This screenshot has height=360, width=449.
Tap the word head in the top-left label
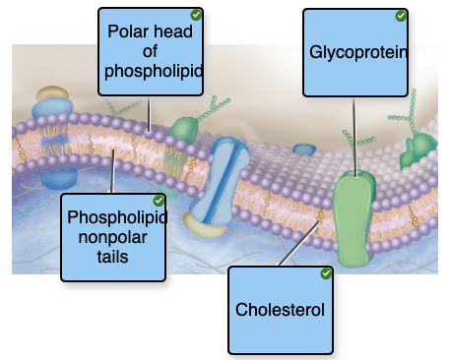click(x=174, y=30)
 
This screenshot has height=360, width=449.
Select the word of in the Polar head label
click(x=150, y=50)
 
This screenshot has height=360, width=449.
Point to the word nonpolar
click(x=111, y=236)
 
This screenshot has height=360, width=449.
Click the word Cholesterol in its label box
click(x=280, y=310)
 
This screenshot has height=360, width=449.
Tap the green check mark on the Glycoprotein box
click(x=401, y=16)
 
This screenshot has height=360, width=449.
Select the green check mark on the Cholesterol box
click(x=326, y=273)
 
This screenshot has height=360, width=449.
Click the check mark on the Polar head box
click(x=197, y=15)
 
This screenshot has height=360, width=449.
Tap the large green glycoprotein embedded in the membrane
click(x=356, y=216)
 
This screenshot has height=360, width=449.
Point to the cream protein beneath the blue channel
click(x=205, y=229)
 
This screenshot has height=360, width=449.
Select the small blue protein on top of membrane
click(x=304, y=150)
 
